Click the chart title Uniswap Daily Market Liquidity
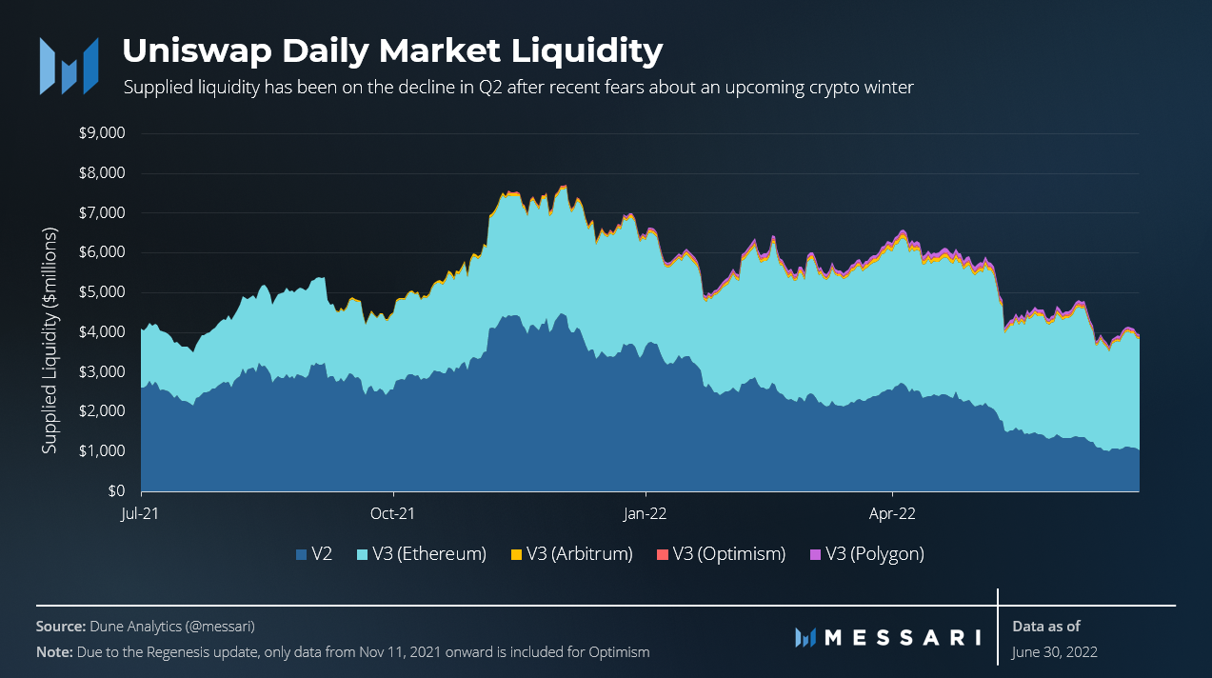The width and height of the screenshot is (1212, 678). [392, 50]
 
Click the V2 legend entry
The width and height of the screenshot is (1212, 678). [315, 553]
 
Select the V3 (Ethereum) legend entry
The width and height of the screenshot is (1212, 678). [423, 553]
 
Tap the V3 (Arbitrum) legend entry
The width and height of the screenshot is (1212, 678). [572, 553]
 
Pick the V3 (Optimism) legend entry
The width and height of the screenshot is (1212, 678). [722, 553]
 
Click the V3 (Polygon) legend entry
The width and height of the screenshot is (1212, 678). [867, 553]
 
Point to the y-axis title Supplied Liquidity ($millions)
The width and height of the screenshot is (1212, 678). [50, 340]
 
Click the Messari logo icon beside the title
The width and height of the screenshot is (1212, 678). [69, 66]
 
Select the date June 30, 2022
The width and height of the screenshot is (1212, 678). [1054, 652]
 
